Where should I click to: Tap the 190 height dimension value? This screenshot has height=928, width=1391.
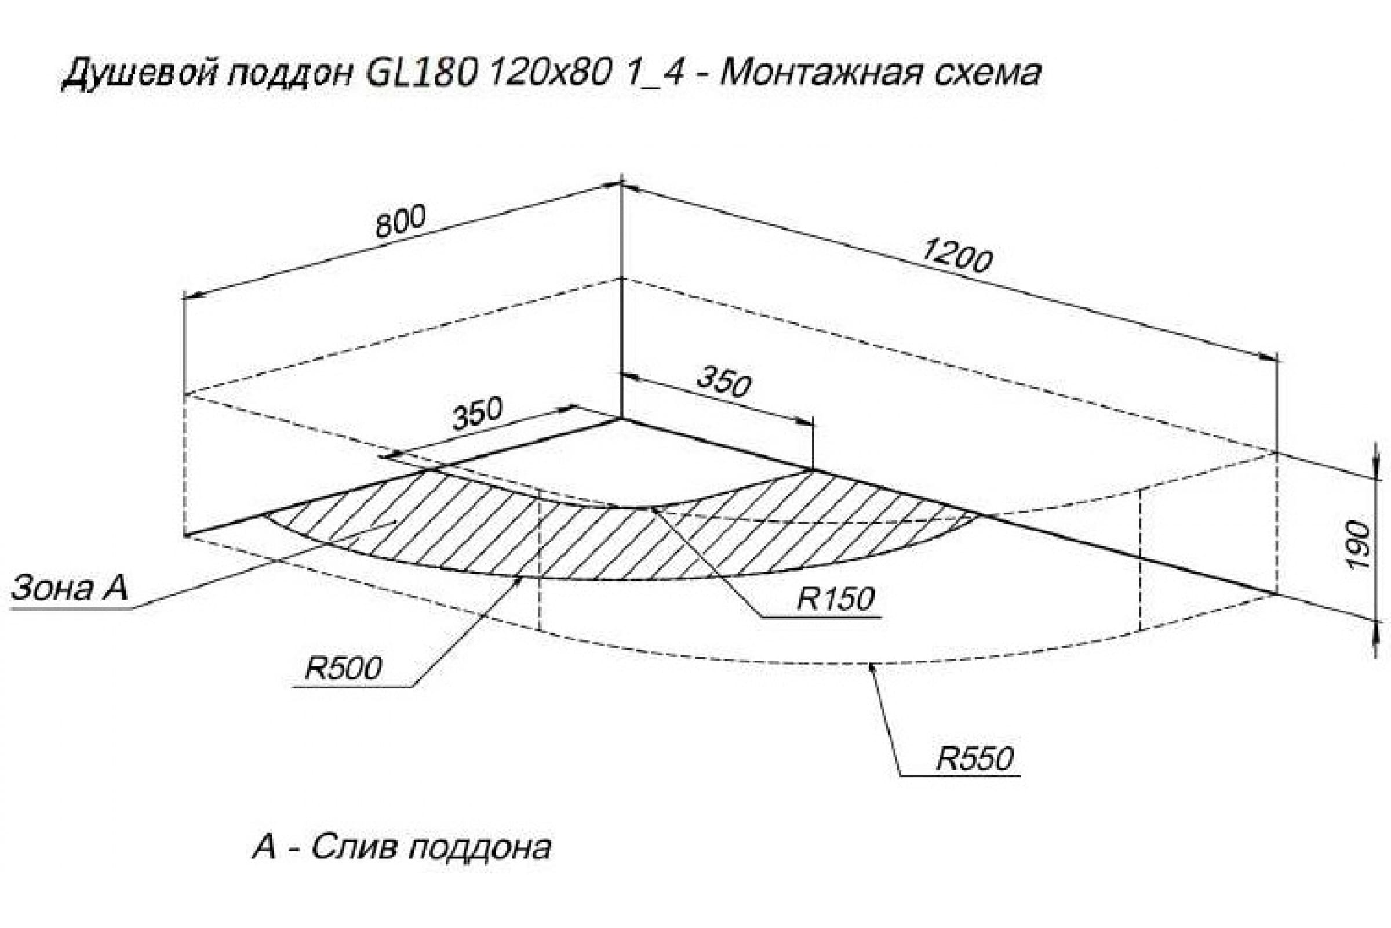click(1361, 544)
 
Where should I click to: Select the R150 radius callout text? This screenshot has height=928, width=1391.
click(835, 599)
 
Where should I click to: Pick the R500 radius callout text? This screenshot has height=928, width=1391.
click(343, 669)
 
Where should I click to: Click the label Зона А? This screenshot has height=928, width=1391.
click(69, 588)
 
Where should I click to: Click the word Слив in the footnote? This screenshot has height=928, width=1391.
click(353, 847)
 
